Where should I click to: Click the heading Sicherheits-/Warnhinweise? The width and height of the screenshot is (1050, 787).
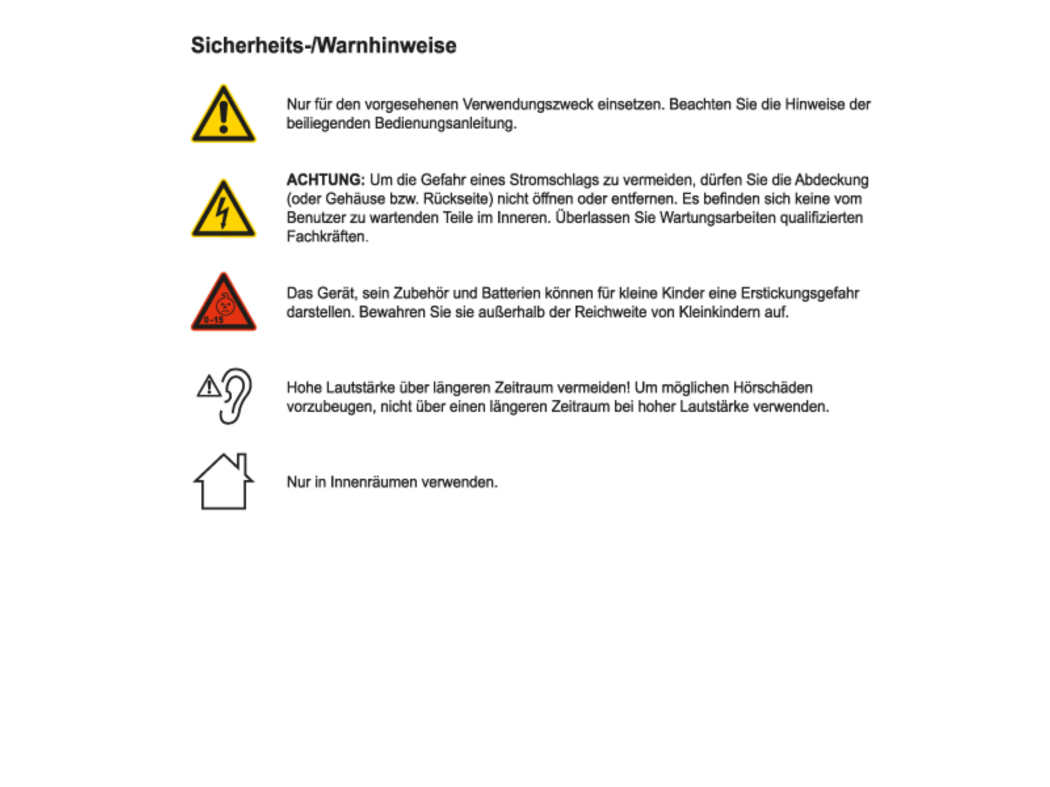point(324,45)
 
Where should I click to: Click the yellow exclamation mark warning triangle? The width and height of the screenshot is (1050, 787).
point(223,115)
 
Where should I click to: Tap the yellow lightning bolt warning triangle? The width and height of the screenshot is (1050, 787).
point(223,210)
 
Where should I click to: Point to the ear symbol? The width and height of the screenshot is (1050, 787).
point(236,395)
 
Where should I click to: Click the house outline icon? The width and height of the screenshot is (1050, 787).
point(223,482)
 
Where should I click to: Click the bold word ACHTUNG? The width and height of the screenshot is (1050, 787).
point(325,180)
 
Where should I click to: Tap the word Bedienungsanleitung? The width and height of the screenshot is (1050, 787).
point(445,123)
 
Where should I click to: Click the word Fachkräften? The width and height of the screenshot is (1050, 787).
point(327,237)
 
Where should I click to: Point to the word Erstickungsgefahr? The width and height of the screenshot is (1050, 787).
point(799,293)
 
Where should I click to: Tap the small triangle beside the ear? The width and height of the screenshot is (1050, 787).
point(209,387)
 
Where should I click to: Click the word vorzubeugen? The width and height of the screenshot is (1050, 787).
point(330,407)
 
